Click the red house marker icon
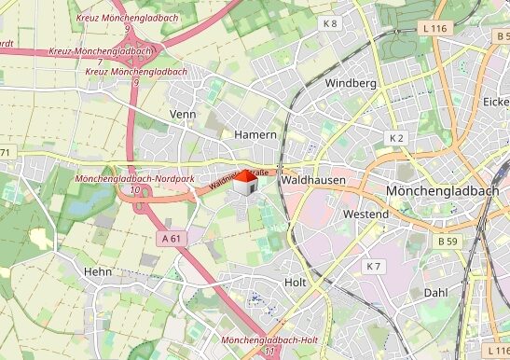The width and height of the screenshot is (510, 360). tap(244, 182)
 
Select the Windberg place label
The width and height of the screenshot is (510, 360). tap(351, 83)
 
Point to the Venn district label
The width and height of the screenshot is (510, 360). tap(184, 114)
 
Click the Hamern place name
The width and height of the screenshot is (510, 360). tap(255, 134)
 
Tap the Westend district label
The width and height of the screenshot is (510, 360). tap(365, 215)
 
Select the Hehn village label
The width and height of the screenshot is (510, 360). tap(98, 271)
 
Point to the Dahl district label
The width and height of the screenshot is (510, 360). tap(435, 292)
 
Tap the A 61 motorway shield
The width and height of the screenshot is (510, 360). tap(171, 239)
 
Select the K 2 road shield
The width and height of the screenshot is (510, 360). tap(396, 138)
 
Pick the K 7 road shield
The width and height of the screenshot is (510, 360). tap(373, 267)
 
